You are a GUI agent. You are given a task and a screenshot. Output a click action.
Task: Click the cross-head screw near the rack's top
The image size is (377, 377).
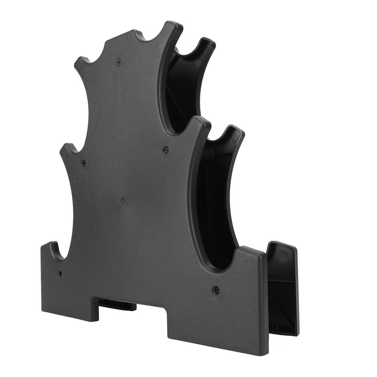(x=119, y=62)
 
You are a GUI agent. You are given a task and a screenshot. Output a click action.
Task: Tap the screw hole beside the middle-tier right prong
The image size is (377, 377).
(x=166, y=150)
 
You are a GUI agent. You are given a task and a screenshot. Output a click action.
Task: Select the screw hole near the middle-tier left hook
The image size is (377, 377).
(x=84, y=162)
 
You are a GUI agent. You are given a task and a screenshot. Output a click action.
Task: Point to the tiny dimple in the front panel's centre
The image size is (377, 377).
(x=123, y=201)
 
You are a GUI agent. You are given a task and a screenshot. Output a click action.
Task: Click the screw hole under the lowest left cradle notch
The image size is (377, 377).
(x=60, y=274)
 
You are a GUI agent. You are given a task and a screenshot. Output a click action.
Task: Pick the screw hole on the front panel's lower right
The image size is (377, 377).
(x=216, y=290)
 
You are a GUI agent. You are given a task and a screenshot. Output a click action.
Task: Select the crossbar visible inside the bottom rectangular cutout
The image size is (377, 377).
(x=117, y=305)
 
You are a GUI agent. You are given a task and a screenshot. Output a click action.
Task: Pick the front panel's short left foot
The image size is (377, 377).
(x=70, y=313)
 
